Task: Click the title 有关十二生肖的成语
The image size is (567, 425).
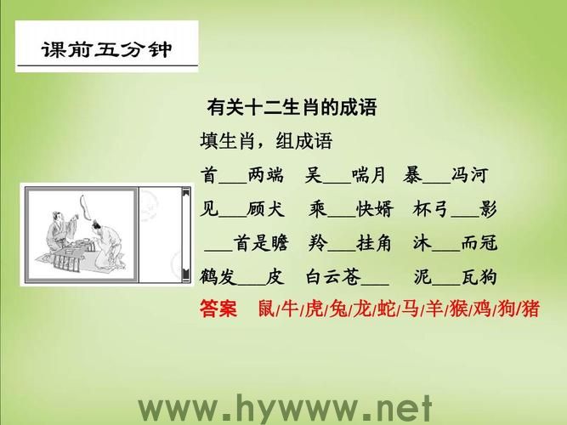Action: pos(292,109)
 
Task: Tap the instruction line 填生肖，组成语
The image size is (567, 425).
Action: pos(265,141)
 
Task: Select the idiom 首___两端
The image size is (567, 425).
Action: pos(242,175)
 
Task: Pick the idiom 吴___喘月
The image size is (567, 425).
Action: pos(345,175)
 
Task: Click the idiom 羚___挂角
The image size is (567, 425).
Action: pos(348,242)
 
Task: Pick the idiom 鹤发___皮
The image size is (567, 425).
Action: pos(241,276)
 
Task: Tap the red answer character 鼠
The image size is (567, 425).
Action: pos(265,309)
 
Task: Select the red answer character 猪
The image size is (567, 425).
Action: pos(530,309)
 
